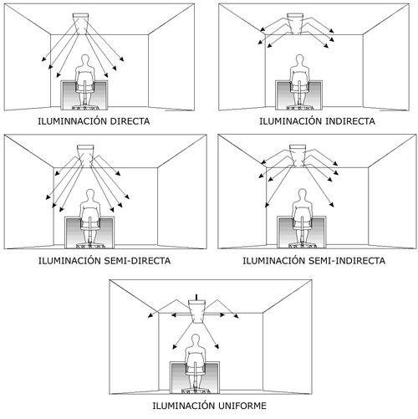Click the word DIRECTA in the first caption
coord(130,121)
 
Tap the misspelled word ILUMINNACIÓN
coord(73,120)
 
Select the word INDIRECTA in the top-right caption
coord(350,121)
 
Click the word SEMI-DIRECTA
coord(137,261)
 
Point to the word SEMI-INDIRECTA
coord(347,261)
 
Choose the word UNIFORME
coord(242,406)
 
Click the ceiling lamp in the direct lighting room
coord(80,20)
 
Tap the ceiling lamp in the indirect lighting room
coord(295,23)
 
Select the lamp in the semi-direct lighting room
coord(85,154)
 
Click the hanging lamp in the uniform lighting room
coord(197,310)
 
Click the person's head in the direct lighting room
coord(84,59)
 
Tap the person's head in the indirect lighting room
coord(299,59)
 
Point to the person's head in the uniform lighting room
coord(196,340)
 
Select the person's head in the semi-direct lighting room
coord(90,195)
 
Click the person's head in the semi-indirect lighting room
coord(302,194)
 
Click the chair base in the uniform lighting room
coord(195,391)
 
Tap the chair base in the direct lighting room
coord(84,107)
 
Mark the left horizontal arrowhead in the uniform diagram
coord(174,314)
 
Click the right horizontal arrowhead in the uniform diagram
coord(222,314)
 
